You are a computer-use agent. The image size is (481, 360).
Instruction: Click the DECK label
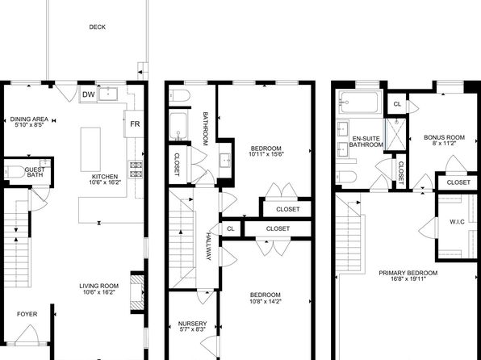click(x=97, y=27)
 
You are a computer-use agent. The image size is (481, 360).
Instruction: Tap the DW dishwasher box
click(x=89, y=94)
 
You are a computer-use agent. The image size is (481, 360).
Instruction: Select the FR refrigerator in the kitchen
click(x=134, y=123)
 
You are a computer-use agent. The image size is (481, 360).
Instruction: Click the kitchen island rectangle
click(x=90, y=149)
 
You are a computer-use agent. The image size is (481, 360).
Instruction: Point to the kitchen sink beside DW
click(x=108, y=94)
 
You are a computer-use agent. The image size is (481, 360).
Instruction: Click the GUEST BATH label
click(x=35, y=172)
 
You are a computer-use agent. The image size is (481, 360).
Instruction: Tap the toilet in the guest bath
click(x=14, y=172)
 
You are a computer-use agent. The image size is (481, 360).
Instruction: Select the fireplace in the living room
click(x=137, y=292)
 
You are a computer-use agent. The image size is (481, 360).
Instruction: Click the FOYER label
click(x=27, y=314)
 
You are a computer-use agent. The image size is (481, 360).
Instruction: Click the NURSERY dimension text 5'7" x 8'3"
click(x=192, y=329)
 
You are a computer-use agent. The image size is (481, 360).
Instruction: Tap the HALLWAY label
click(x=208, y=246)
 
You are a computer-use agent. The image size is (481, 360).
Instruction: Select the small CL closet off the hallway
click(x=231, y=228)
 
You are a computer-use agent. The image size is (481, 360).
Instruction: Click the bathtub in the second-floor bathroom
click(x=178, y=126)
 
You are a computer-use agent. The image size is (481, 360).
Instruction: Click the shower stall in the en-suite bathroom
click(x=395, y=134)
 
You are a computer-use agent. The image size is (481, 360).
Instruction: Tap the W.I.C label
click(x=457, y=222)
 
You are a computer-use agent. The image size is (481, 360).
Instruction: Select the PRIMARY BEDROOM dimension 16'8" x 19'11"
click(x=408, y=279)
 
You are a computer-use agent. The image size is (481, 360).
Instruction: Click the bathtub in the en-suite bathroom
click(x=359, y=103)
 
